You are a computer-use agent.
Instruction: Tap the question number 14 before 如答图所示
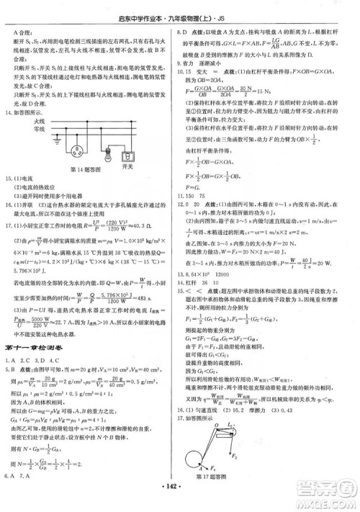(11, 112)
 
